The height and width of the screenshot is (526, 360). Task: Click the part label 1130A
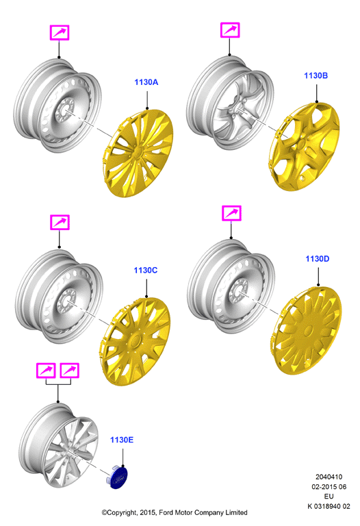click(x=146, y=82)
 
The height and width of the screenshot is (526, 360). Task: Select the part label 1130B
click(x=316, y=76)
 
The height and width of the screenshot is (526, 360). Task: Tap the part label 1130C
click(x=146, y=271)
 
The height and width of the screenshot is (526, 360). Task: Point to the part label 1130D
click(x=318, y=259)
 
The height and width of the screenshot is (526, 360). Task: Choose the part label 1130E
click(x=122, y=440)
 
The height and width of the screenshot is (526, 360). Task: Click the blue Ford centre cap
click(x=118, y=477)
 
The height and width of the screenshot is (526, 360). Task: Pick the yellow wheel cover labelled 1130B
click(x=305, y=147)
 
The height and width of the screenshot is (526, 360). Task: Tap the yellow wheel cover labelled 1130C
click(x=134, y=341)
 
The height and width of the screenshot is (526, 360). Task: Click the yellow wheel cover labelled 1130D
click(x=307, y=330)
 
